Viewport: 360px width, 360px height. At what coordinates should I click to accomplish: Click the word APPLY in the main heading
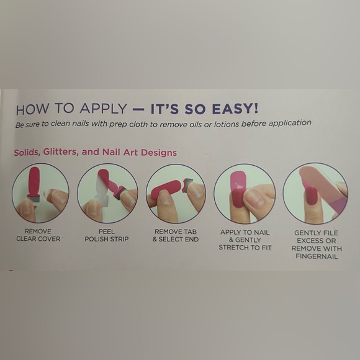pyautogui.click(x=103, y=108)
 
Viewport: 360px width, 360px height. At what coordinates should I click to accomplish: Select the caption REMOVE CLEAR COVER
pyautogui.click(x=38, y=235)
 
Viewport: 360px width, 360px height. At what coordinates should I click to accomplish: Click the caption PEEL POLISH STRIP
pyautogui.click(x=107, y=235)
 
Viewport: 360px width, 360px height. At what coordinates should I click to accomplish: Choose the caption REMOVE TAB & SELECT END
pyautogui.click(x=176, y=235)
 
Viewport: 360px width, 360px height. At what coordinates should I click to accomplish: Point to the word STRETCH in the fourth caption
pyautogui.click(x=232, y=248)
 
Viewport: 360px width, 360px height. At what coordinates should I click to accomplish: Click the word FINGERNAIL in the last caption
pyautogui.click(x=317, y=256)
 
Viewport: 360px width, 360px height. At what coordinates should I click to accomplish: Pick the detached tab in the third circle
pyautogui.click(x=187, y=184)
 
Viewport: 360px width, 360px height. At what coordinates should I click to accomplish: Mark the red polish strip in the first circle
pyautogui.click(x=34, y=182)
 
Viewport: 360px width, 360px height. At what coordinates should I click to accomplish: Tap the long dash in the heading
pyautogui.click(x=138, y=109)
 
